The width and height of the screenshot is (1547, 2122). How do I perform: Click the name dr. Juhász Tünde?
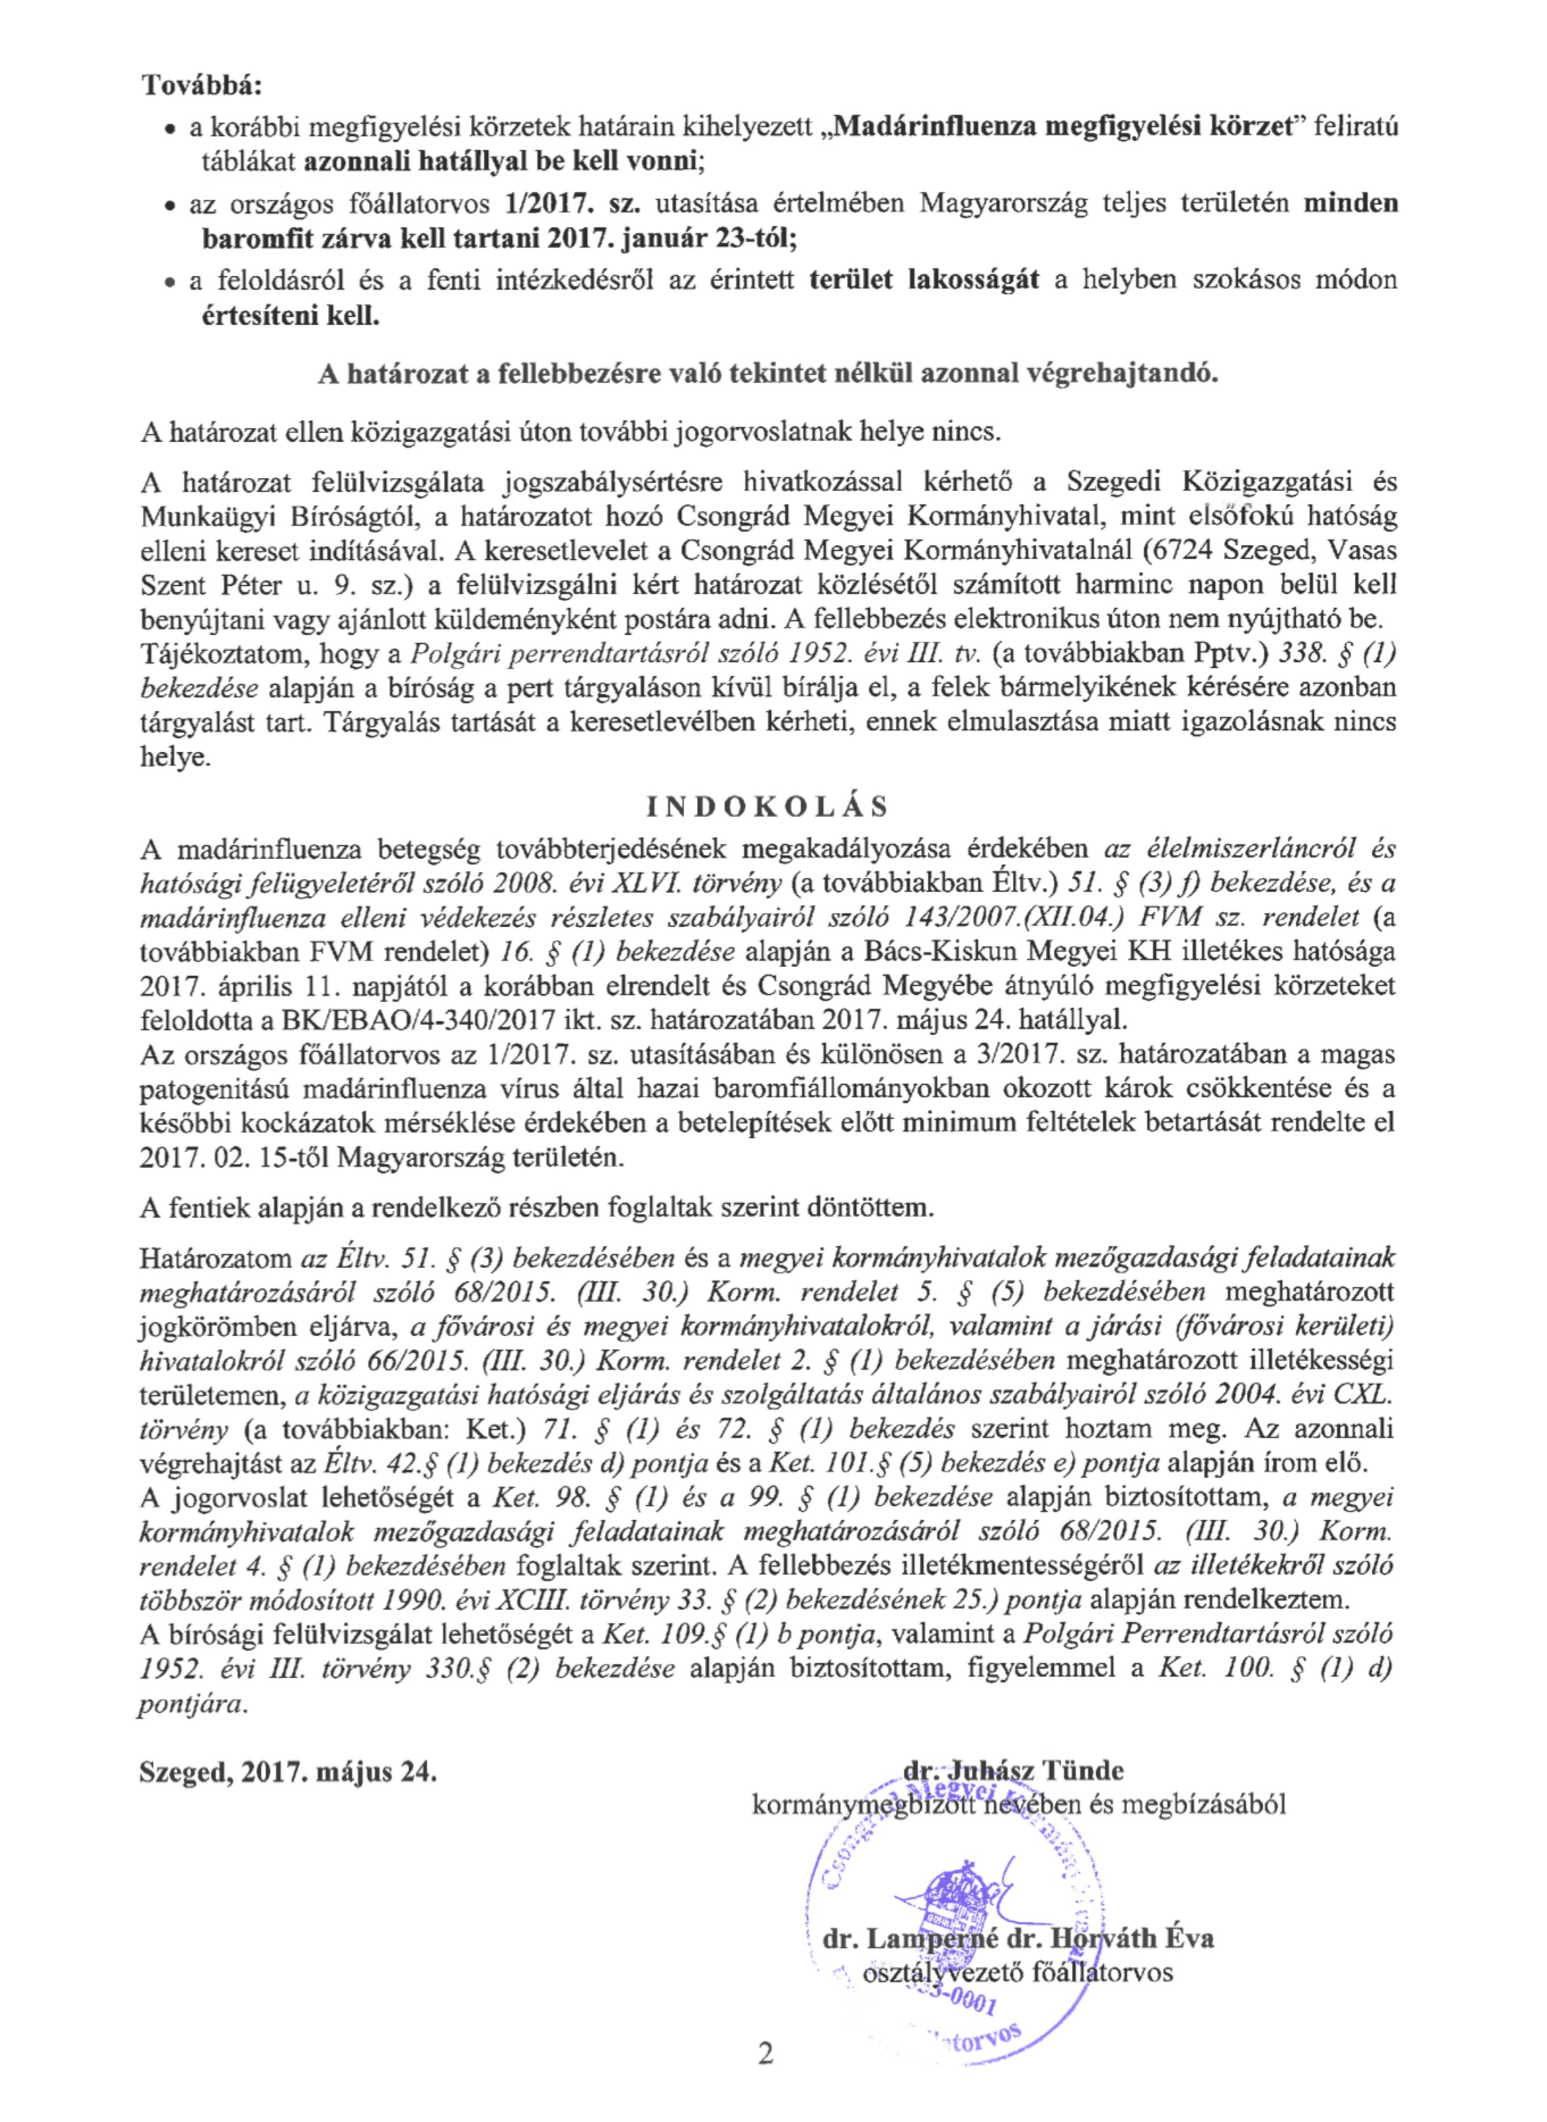click(1013, 1771)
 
